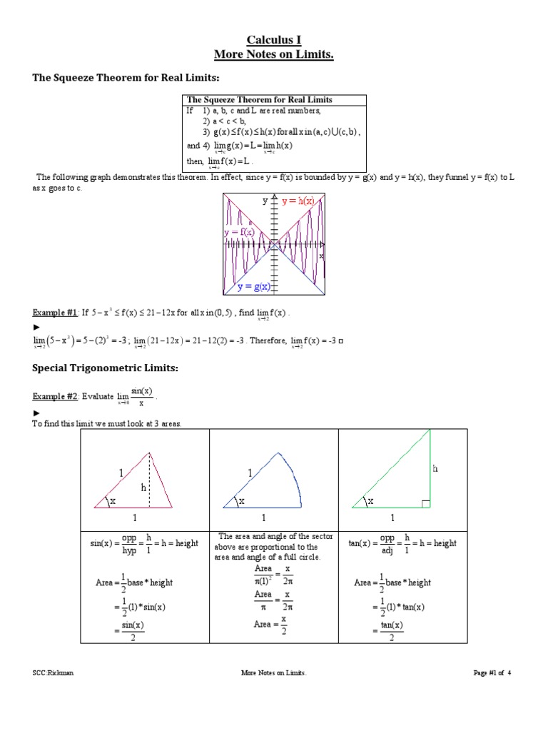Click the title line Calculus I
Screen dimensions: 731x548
click(274, 40)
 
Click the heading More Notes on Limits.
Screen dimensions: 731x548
click(274, 54)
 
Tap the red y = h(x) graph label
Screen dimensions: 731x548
click(298, 201)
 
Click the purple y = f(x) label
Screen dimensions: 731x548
click(240, 233)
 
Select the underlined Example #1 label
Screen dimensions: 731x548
click(55, 313)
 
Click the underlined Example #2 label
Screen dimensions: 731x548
click(55, 397)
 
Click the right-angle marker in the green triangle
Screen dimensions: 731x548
click(425, 504)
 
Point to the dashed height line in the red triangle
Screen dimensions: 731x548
click(149, 480)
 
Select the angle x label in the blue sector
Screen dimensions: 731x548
click(241, 502)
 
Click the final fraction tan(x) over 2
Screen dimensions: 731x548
click(391, 630)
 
